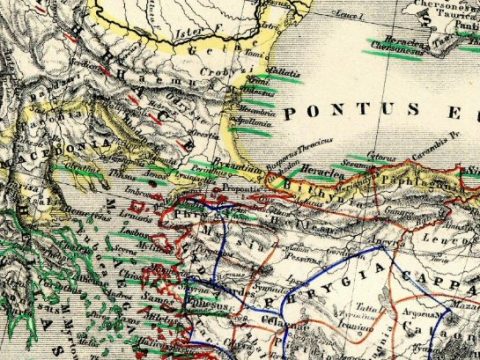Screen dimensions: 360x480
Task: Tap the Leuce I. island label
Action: pos(348,16)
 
